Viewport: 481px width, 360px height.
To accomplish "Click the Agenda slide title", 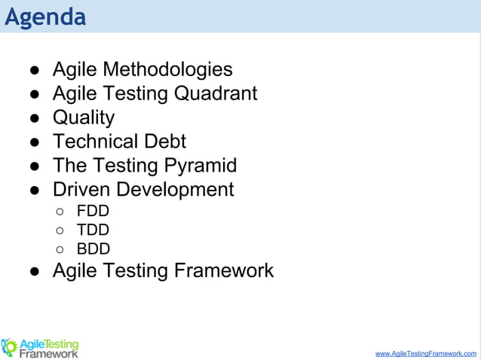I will [45, 17].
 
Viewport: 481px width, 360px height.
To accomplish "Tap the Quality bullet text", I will [83, 117].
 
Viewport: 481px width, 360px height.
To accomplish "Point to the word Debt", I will [164, 141].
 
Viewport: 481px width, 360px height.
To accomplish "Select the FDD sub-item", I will [93, 211].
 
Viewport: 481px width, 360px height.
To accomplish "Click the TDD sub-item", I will [93, 230].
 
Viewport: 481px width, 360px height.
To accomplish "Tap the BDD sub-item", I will [93, 249].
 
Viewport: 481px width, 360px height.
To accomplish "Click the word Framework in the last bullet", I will [224, 270].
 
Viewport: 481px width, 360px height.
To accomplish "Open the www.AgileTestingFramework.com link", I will [425, 352].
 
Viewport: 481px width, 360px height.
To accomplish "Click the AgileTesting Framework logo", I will [41, 347].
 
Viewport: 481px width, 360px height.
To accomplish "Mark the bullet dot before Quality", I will [35, 118].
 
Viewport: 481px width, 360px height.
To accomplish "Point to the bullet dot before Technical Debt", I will [35, 142].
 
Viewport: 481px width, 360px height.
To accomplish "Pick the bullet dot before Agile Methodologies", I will [35, 71].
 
